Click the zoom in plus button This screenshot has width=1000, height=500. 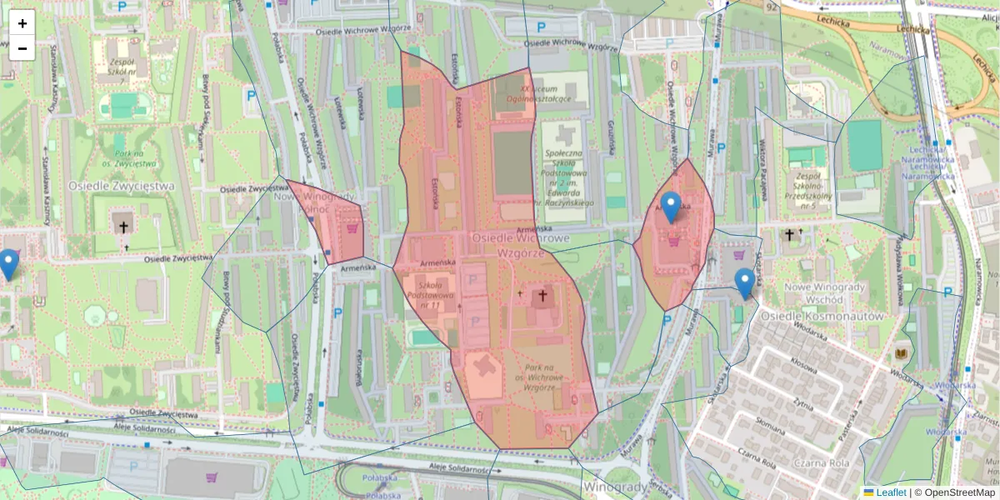[22, 23]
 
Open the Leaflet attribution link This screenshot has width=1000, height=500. [890, 492]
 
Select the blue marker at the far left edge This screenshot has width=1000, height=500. [8, 264]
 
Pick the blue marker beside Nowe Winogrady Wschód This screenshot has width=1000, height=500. [744, 283]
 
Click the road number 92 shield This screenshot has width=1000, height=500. [772, 7]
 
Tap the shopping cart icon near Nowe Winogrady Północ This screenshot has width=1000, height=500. [353, 227]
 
